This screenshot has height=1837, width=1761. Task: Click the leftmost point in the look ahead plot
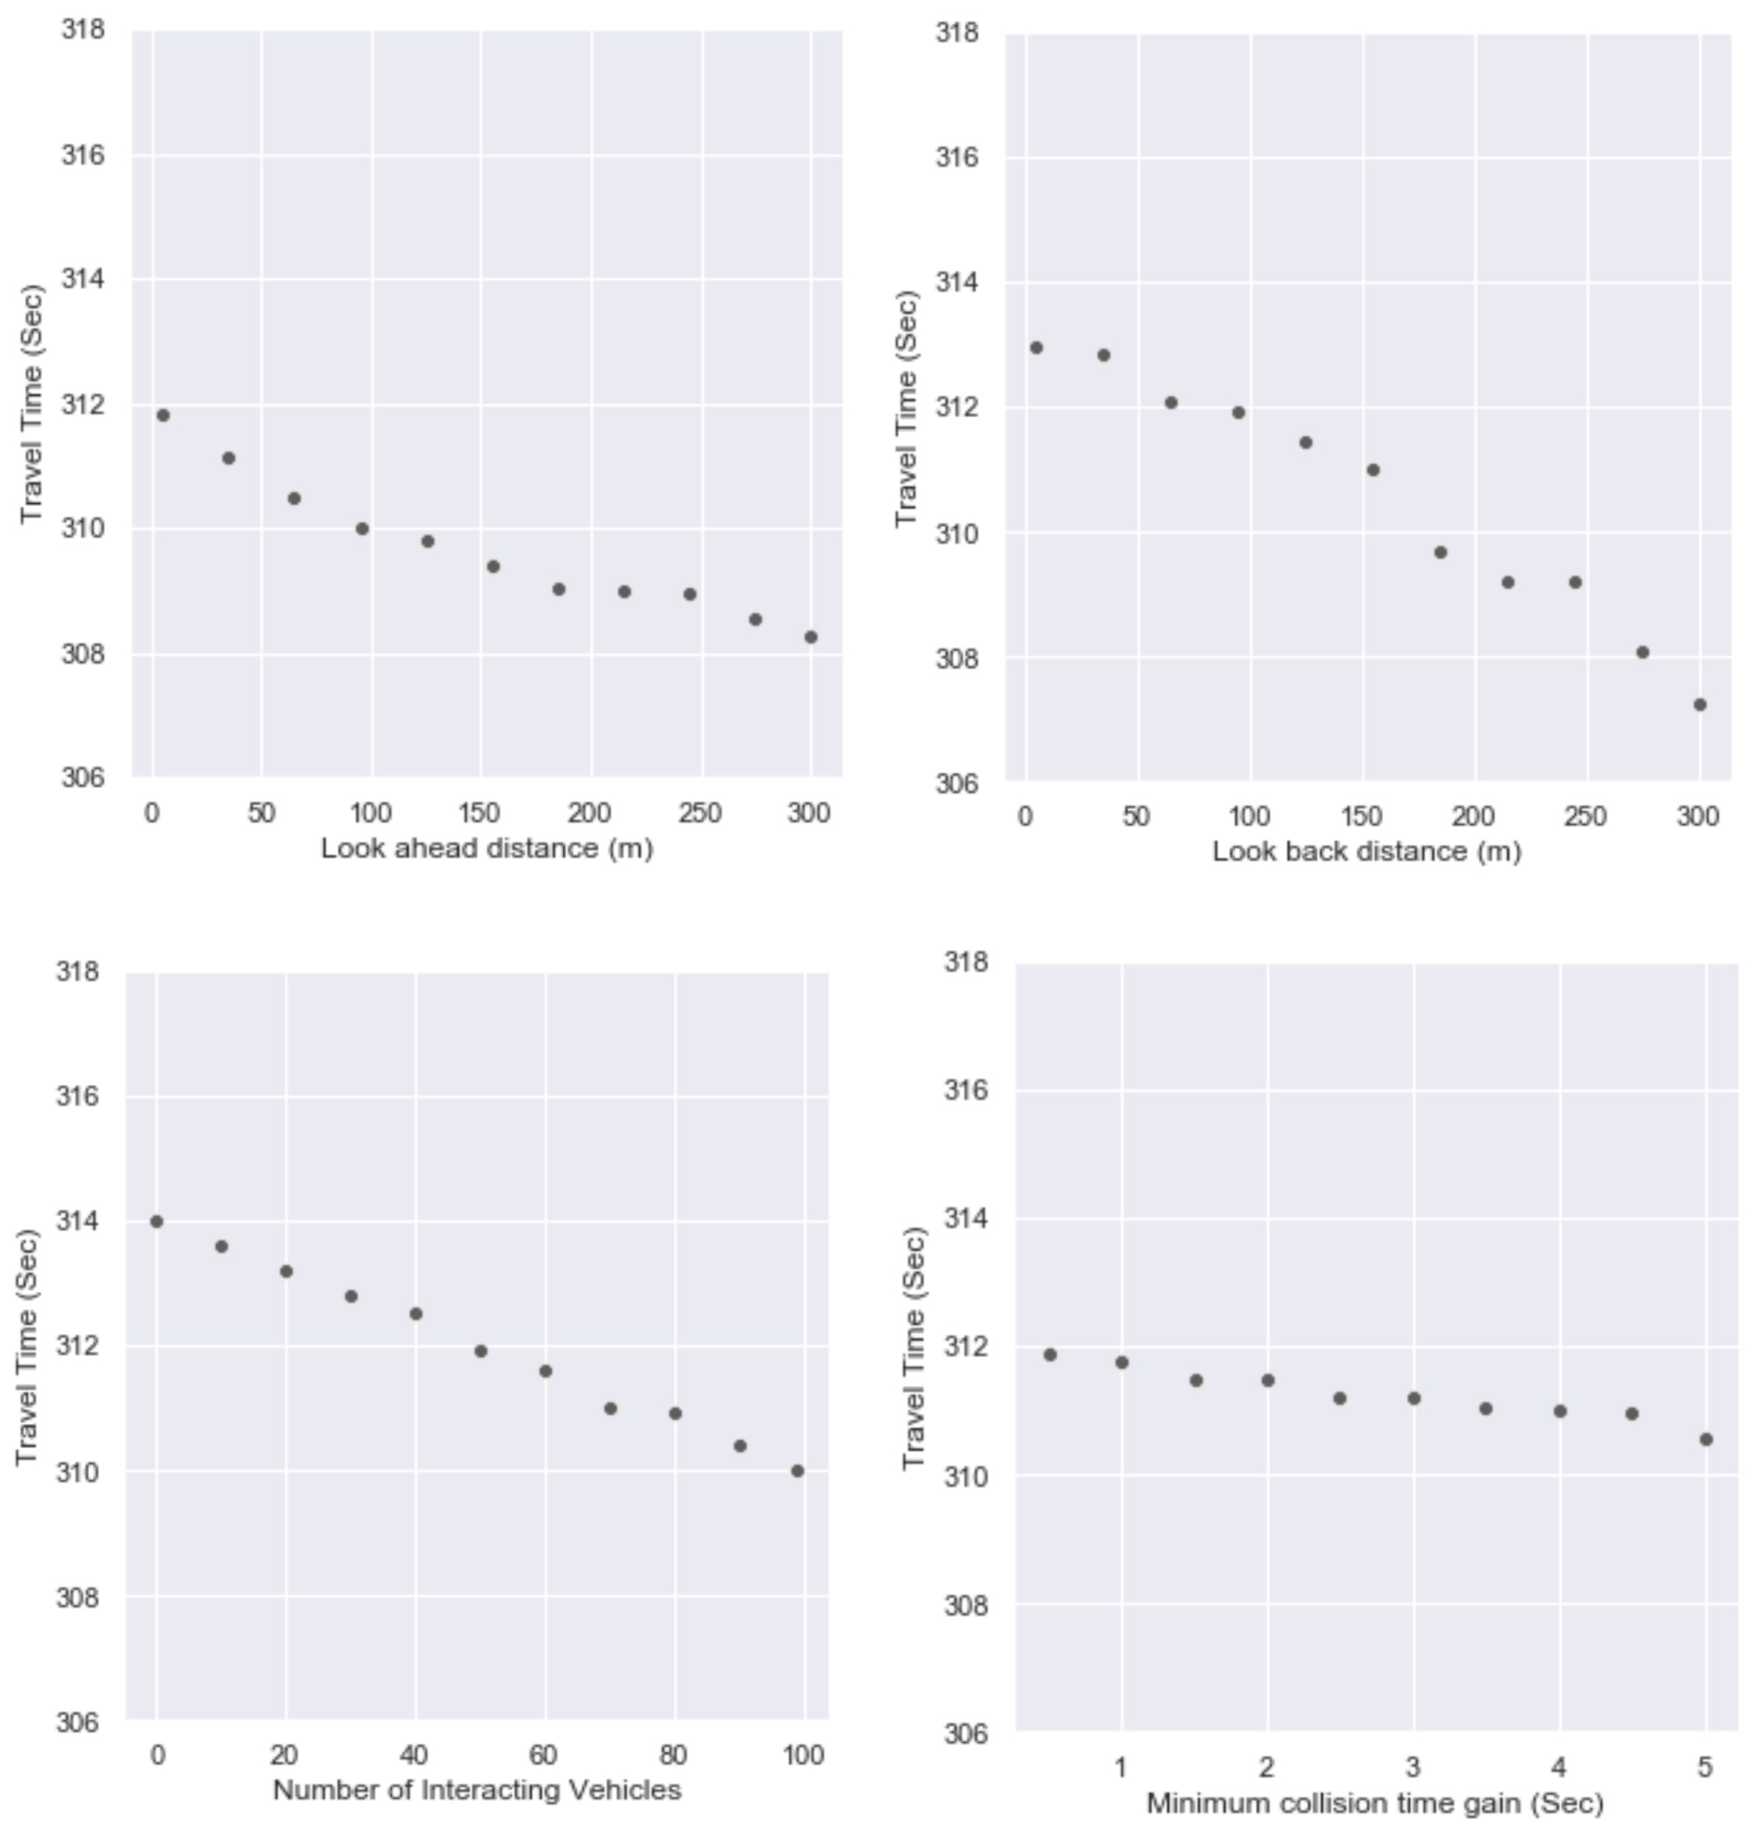pos(163,415)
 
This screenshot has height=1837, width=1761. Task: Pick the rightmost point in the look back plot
pos(1699,705)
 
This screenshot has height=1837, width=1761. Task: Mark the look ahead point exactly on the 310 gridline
pos(362,529)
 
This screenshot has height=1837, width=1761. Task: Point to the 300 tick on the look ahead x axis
pos(809,814)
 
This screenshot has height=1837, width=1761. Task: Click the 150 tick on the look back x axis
pos(1361,817)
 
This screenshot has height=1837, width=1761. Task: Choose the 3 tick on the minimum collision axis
pos(1412,1768)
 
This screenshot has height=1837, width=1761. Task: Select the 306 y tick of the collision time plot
pos(966,1733)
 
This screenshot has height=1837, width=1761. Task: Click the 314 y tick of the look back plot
pos(957,282)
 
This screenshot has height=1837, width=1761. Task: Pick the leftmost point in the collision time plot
pos(1050,1354)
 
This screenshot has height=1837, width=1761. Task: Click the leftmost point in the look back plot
pos(1036,348)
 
